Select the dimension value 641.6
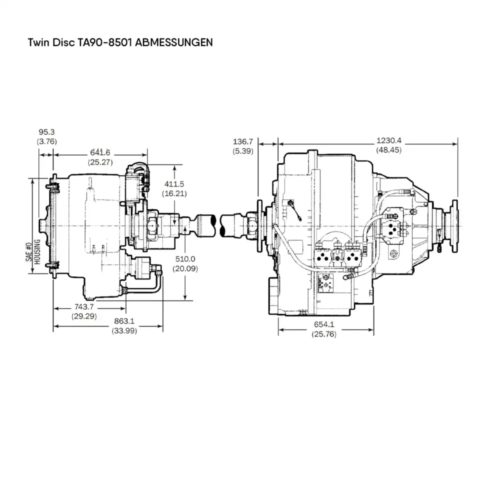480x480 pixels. click(x=101, y=152)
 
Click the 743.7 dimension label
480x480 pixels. click(x=84, y=306)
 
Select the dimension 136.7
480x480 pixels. click(x=243, y=141)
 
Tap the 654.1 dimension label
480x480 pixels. click(x=324, y=324)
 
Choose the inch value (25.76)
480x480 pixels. click(x=324, y=334)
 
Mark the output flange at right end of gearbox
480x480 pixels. click(x=454, y=226)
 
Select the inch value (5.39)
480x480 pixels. click(x=243, y=150)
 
